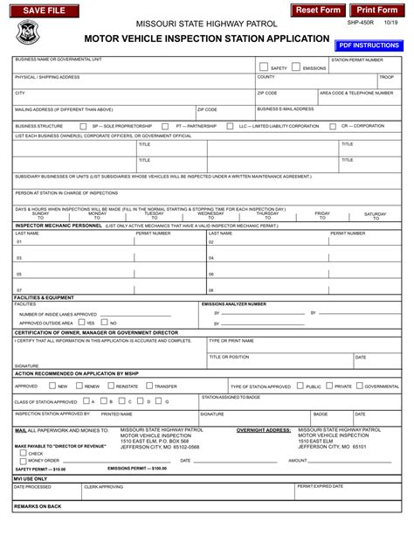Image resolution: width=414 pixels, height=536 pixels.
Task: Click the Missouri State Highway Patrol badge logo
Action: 27,33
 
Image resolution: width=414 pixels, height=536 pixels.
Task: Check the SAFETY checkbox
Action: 262,66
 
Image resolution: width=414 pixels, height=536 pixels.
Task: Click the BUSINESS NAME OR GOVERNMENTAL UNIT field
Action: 131,66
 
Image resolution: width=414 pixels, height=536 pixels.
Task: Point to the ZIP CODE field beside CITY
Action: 286,97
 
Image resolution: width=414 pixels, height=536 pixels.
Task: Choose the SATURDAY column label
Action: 375,213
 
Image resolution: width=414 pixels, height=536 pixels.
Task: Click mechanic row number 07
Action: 19,289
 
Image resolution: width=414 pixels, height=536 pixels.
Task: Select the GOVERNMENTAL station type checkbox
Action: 359,386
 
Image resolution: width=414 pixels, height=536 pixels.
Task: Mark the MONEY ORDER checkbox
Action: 23,461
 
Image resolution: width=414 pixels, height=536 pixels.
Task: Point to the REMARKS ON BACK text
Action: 38,506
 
